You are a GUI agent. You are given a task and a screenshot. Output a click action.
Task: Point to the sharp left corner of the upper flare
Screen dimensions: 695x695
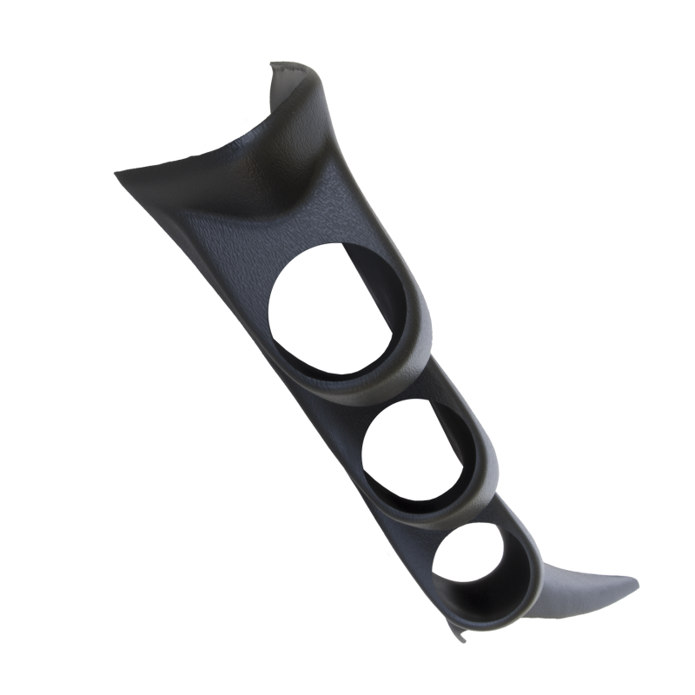point(116,174)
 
